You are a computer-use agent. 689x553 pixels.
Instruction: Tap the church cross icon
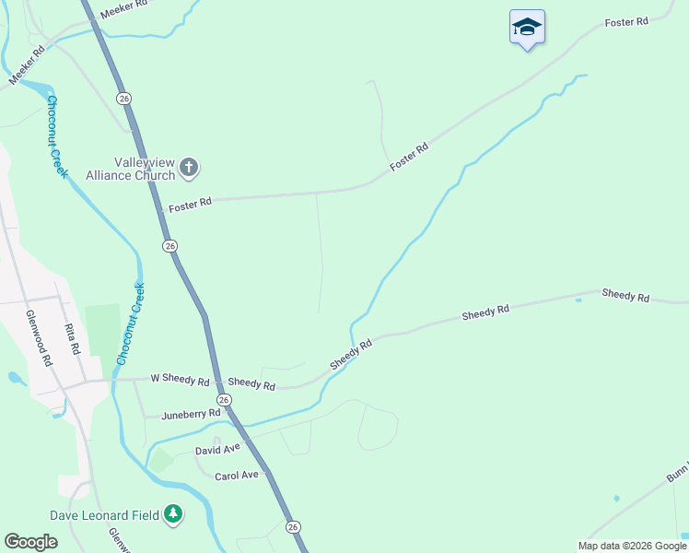point(189,168)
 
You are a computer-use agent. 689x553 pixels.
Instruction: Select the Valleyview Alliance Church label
point(131,168)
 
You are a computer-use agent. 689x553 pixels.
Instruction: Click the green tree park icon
point(173,514)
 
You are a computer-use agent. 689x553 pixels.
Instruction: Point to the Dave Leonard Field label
point(105,514)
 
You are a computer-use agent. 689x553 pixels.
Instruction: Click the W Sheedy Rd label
point(180,379)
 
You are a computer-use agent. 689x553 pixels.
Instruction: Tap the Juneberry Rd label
point(191,415)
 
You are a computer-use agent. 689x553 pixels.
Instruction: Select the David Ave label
point(217,449)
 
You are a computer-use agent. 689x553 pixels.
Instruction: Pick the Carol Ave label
point(237,476)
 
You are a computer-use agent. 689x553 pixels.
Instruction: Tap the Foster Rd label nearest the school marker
point(627,21)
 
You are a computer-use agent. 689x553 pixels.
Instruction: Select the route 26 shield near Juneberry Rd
point(224,399)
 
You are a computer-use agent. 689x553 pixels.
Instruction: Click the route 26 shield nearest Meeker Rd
point(123,98)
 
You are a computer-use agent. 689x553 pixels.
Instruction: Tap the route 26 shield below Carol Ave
point(293,526)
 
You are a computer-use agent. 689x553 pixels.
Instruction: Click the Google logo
point(30,542)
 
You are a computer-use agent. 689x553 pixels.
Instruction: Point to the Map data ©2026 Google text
point(632,546)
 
